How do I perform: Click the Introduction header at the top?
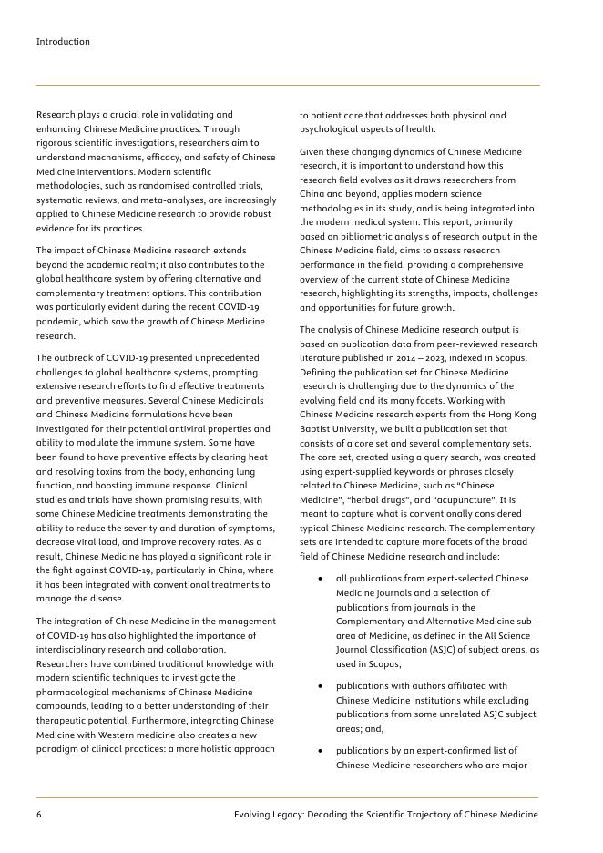coord(63,42)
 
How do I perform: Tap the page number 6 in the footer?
coord(39,814)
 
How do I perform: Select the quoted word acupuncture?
coord(465,500)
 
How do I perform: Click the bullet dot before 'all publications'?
coord(320,579)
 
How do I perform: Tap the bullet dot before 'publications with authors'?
coord(320,685)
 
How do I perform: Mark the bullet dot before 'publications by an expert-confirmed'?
coord(320,751)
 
